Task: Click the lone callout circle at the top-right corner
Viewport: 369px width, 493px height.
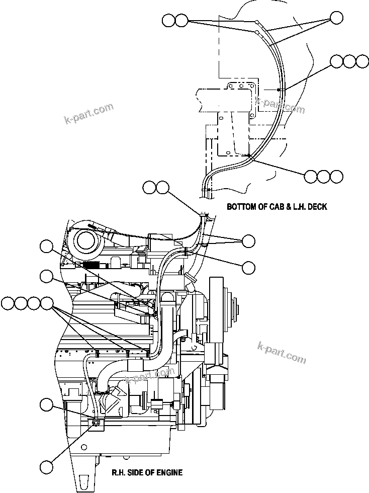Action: pos(337,19)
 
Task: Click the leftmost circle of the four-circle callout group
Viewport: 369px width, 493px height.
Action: pos(8,303)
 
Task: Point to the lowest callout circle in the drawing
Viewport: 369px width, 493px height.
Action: pos(46,467)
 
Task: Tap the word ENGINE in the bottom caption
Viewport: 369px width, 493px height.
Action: pos(168,472)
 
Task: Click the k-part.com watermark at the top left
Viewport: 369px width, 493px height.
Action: pos(89,114)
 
